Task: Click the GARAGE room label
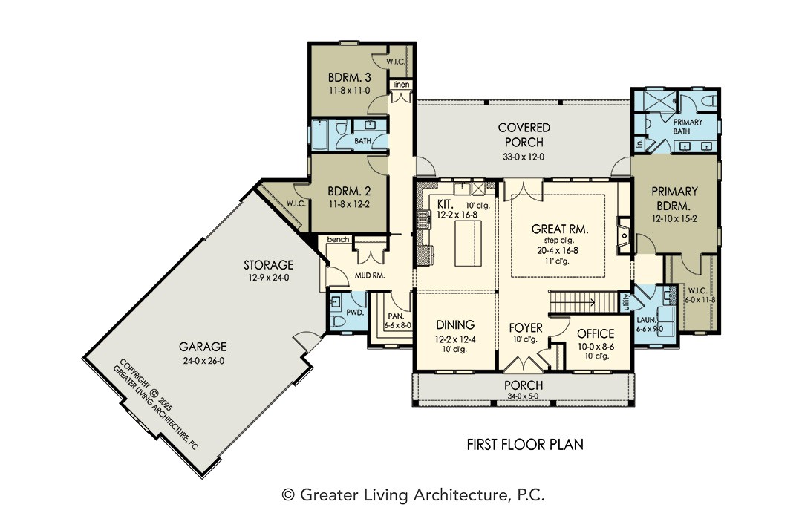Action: pyautogui.click(x=203, y=347)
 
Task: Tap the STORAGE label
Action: pyautogui.click(x=269, y=265)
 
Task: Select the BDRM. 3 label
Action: pyautogui.click(x=349, y=78)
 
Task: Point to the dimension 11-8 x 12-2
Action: pyautogui.click(x=349, y=204)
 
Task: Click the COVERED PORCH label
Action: pyautogui.click(x=524, y=134)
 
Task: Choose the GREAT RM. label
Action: pyautogui.click(x=560, y=229)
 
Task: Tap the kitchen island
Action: pyautogui.click(x=469, y=242)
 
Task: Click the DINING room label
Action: pyautogui.click(x=455, y=324)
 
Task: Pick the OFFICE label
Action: pyautogui.click(x=596, y=334)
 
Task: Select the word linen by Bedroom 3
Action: pyautogui.click(x=402, y=85)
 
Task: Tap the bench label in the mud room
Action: pyautogui.click(x=338, y=239)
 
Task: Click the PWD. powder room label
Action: pyautogui.click(x=355, y=312)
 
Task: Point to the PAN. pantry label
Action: pyautogui.click(x=396, y=316)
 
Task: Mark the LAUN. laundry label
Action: pyautogui.click(x=647, y=320)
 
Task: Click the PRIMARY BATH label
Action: pyautogui.click(x=688, y=126)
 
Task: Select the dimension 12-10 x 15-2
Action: pyautogui.click(x=674, y=218)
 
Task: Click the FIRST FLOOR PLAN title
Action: pyautogui.click(x=525, y=444)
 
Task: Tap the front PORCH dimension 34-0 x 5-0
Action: pyautogui.click(x=524, y=396)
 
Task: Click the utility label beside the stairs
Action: pyautogui.click(x=625, y=302)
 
